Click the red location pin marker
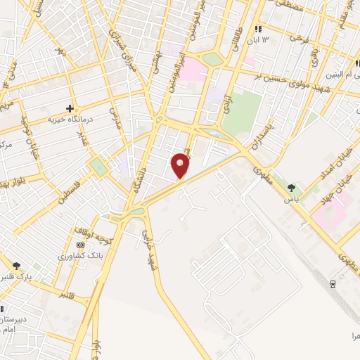tap(181, 165)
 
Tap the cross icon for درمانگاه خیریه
tap(70, 108)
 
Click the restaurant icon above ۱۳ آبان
tap(258, 29)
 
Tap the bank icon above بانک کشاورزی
tap(80, 245)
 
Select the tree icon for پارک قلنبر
tap(16, 266)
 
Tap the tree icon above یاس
tap(291, 187)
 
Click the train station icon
tap(332, 283)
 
